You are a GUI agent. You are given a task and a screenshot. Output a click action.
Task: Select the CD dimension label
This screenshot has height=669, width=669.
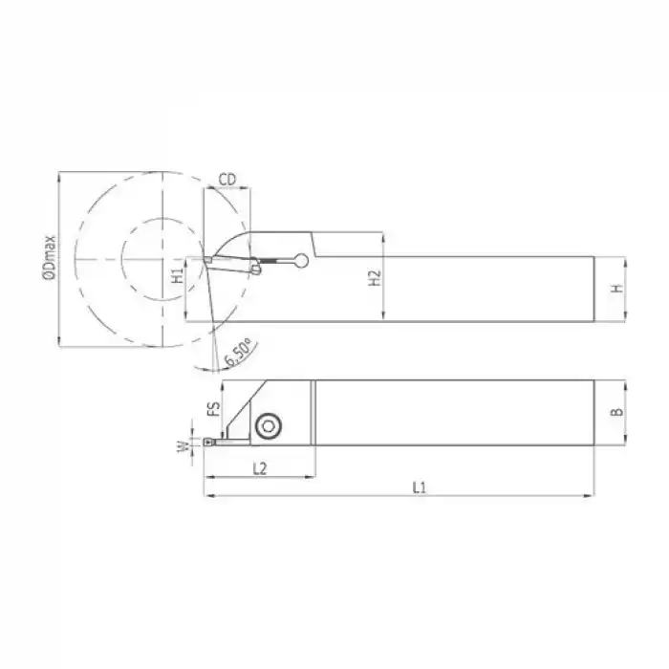227,179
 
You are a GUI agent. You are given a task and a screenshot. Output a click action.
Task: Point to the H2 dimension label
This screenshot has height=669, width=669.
375,278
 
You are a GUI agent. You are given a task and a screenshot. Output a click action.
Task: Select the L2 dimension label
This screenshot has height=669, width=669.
258,468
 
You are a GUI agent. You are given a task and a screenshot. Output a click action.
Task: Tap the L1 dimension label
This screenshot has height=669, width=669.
418,487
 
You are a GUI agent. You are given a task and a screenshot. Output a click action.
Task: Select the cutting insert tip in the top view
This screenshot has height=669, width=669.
208,442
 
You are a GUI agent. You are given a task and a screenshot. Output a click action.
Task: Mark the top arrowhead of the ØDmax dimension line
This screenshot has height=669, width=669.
60,176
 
